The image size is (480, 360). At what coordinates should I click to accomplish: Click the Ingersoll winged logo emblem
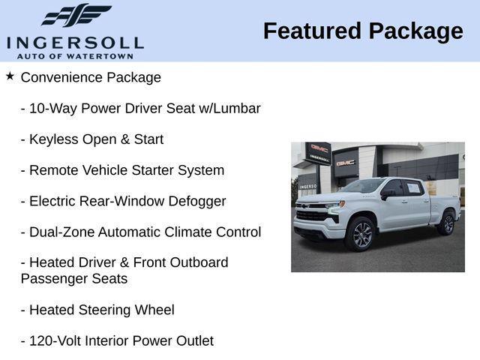click(76, 15)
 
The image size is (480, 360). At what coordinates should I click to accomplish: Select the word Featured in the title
click(311, 31)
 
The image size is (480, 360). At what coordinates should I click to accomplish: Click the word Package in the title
click(415, 31)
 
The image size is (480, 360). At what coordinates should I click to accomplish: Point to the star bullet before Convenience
click(10, 76)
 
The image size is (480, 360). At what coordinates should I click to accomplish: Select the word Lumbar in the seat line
click(237, 108)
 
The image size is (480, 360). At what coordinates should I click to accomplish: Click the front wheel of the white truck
click(361, 235)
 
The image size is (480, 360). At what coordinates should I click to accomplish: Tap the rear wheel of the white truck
click(447, 223)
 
